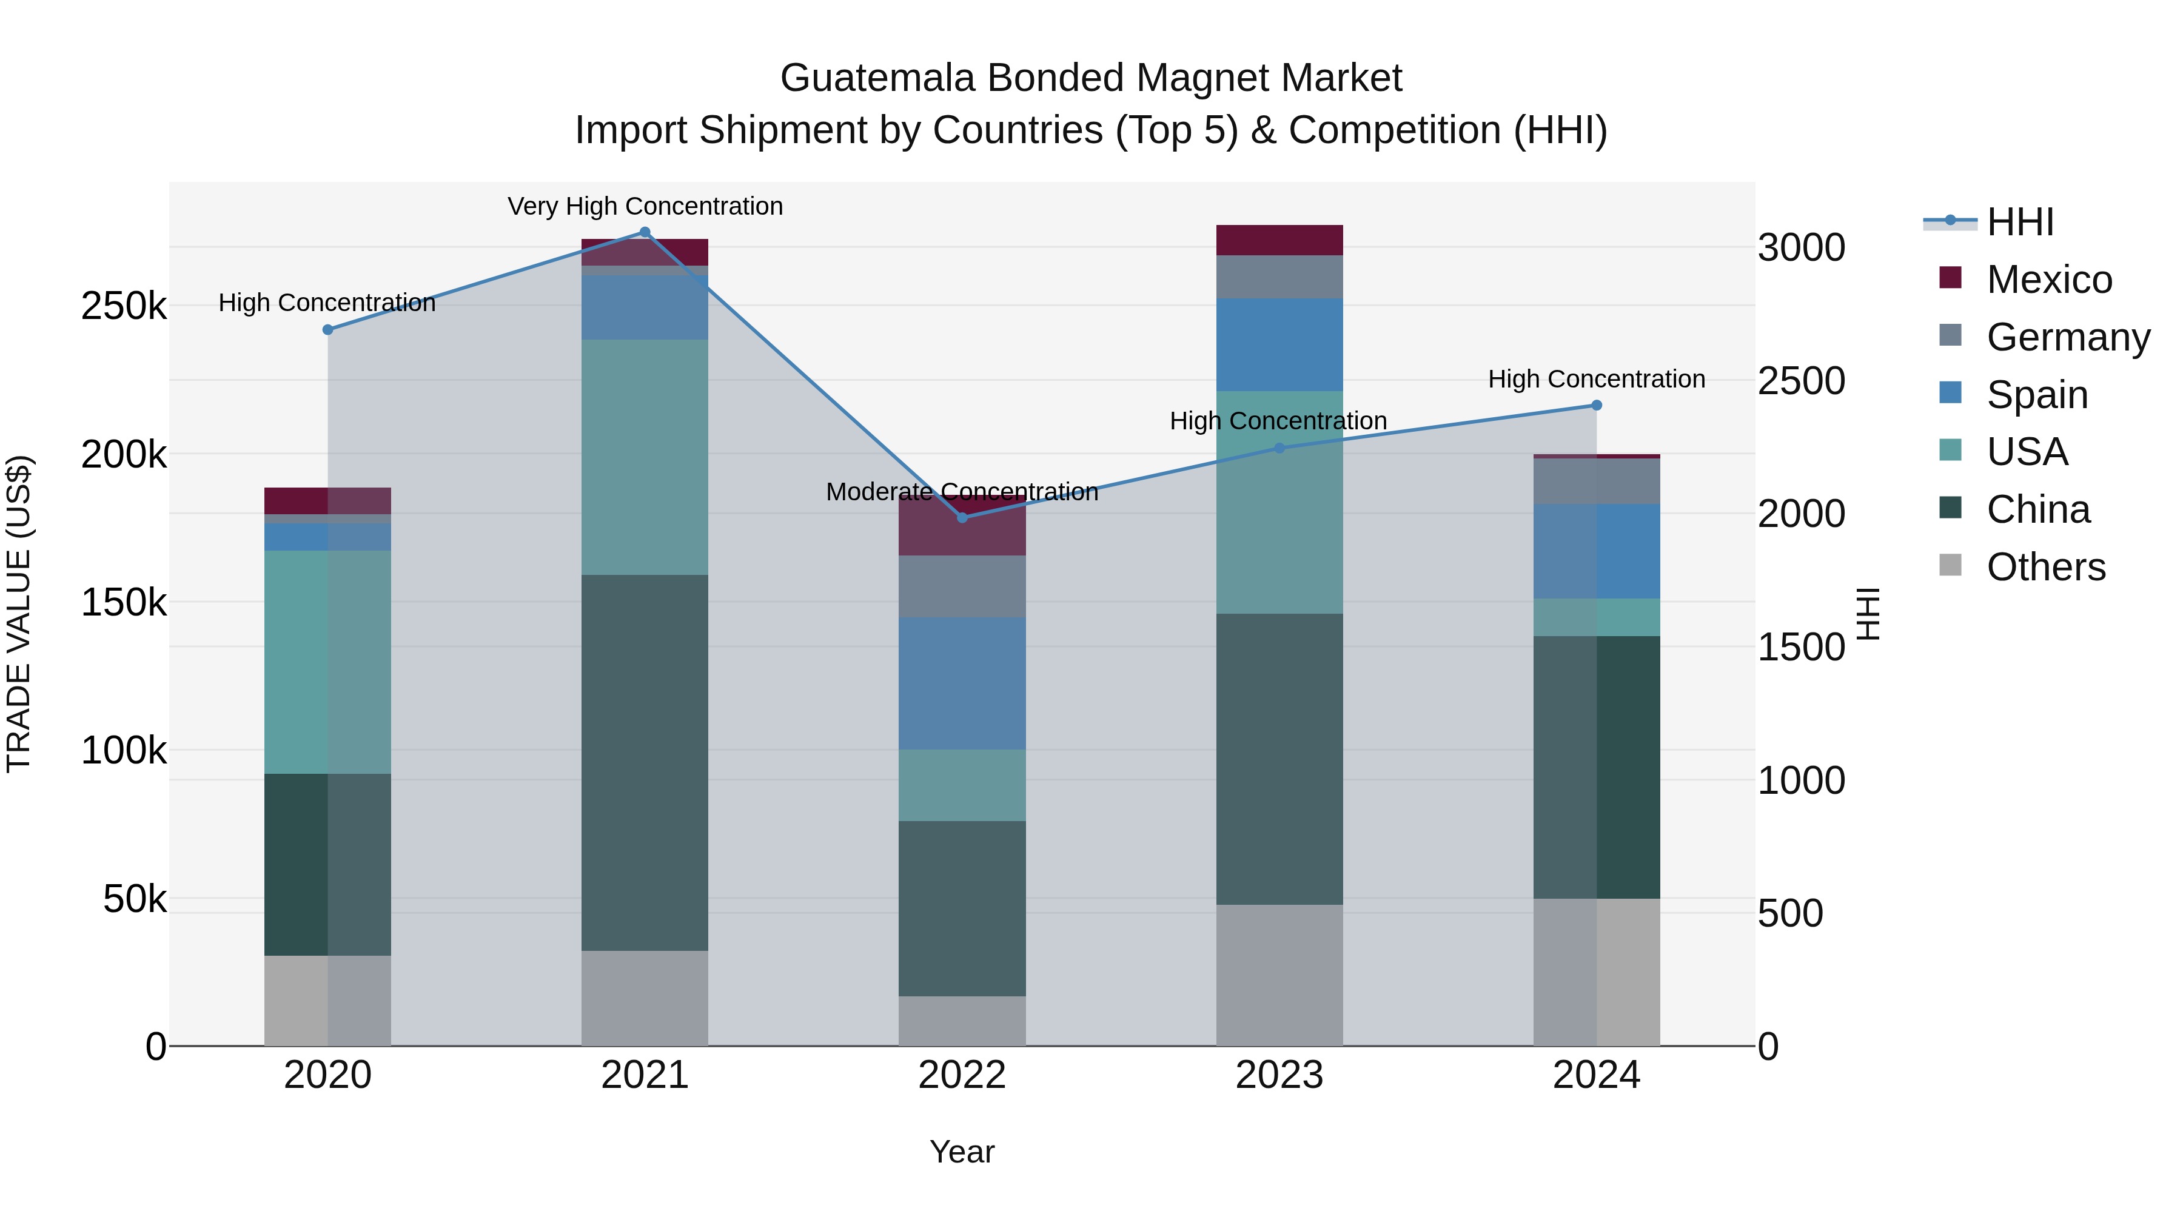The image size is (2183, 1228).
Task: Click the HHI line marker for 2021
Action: coord(645,232)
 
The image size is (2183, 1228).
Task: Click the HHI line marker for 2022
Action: coord(962,518)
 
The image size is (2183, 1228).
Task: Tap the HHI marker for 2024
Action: coord(1597,405)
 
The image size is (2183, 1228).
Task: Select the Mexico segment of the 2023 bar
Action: coord(1279,240)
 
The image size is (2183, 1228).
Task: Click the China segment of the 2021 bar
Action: coord(645,763)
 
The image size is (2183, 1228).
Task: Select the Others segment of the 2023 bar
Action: coord(1279,975)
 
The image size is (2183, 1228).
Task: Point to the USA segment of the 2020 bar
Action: coord(328,662)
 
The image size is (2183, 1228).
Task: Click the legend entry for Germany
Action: coord(2068,337)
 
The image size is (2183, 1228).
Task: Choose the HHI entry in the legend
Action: coord(2019,222)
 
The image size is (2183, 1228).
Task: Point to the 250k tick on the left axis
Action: coord(124,306)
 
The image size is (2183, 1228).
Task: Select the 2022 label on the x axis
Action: coord(962,1075)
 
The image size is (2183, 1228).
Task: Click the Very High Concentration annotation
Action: coord(645,206)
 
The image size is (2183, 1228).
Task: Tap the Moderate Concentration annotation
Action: coord(962,492)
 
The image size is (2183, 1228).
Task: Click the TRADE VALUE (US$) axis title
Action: coord(19,614)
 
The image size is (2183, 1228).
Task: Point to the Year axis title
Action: coord(962,1152)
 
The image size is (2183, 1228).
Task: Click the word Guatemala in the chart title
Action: coord(877,78)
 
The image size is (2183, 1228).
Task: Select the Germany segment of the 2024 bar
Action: coord(1597,481)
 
